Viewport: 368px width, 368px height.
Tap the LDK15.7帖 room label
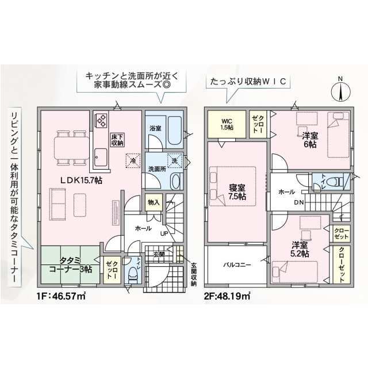(81, 180)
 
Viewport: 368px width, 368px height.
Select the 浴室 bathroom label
(155, 128)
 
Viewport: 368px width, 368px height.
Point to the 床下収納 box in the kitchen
(117, 140)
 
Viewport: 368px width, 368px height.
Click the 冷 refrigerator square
(133, 161)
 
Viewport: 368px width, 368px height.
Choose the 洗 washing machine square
(175, 160)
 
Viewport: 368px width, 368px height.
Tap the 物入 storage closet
(154, 202)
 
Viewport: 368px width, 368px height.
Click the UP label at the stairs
(164, 233)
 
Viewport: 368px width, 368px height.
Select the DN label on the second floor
(299, 202)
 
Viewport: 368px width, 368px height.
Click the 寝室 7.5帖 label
(237, 191)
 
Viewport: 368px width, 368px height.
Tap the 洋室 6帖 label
(310, 140)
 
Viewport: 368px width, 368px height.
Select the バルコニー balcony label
(237, 265)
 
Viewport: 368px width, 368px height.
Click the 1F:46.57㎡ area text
(61, 296)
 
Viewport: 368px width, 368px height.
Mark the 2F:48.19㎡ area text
(227, 296)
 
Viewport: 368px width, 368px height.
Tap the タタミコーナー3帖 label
(70, 265)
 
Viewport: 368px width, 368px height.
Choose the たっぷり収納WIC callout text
(248, 82)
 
